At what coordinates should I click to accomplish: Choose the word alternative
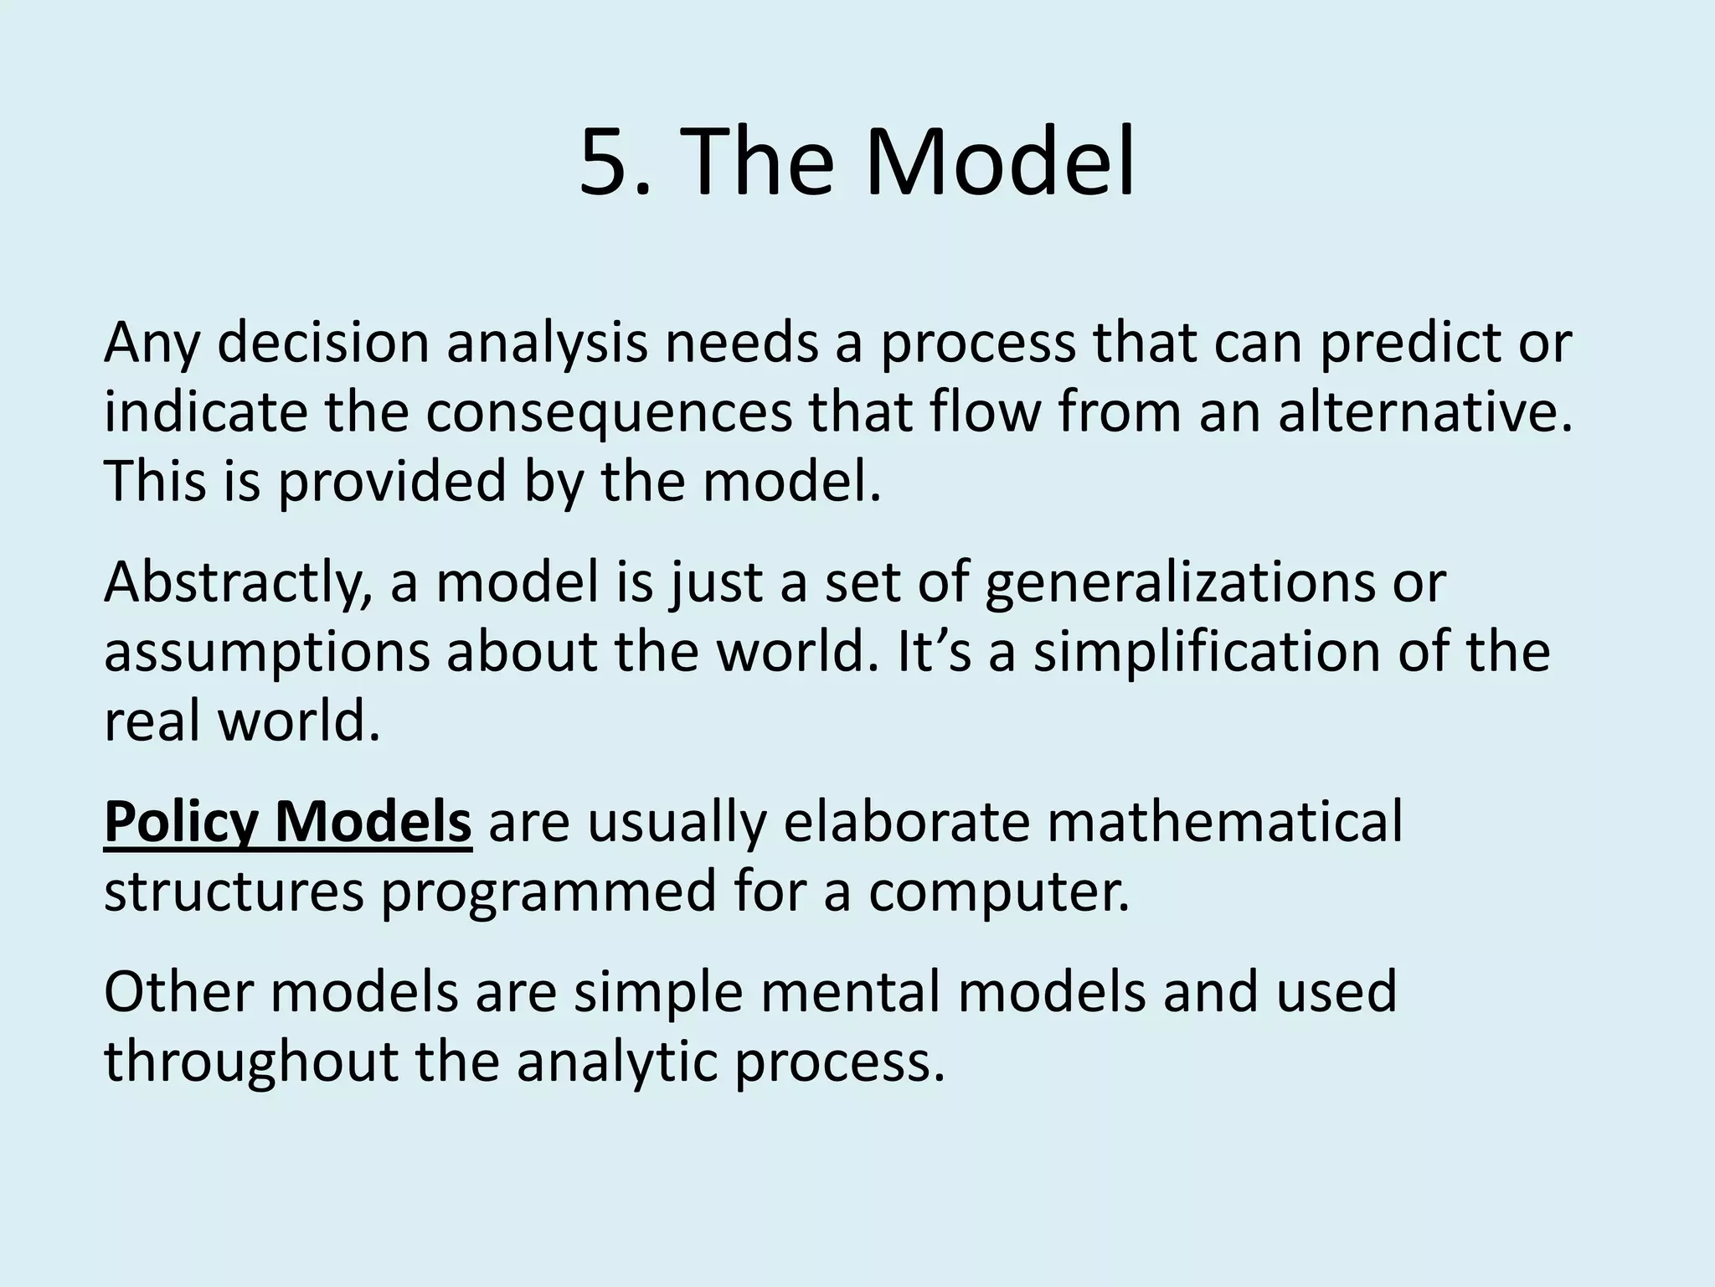[x=1424, y=413]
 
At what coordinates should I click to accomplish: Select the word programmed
[x=549, y=892]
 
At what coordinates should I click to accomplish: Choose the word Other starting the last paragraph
[x=177, y=993]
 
